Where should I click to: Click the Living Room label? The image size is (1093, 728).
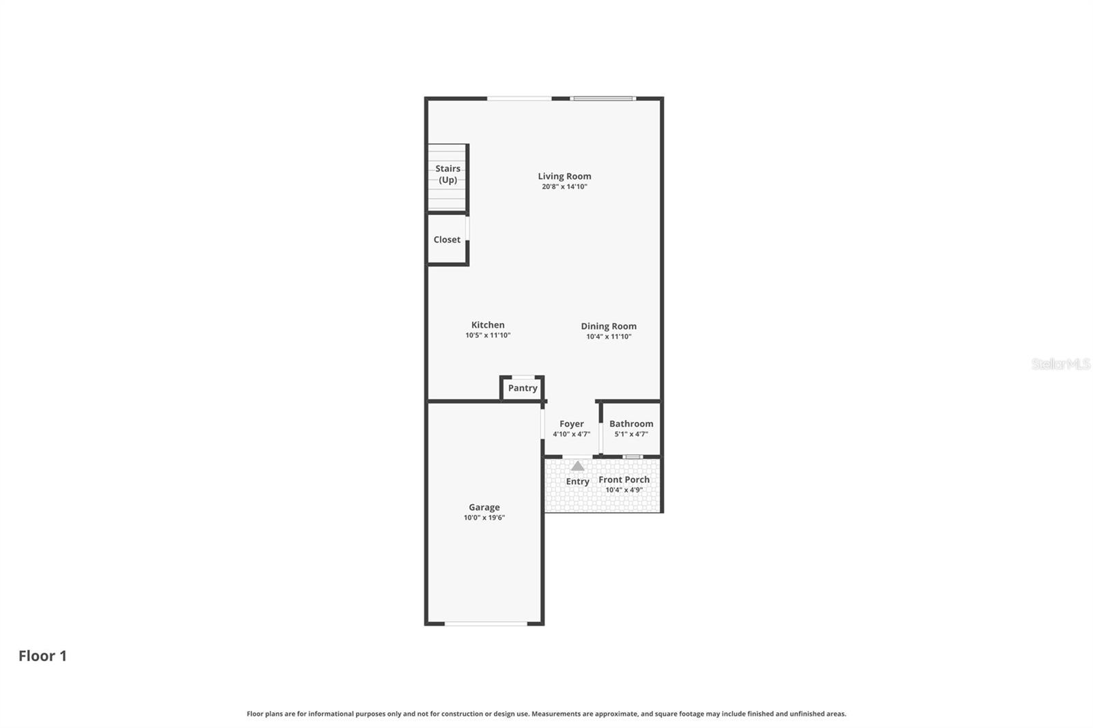point(564,176)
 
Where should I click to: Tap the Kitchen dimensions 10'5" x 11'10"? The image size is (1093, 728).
point(488,335)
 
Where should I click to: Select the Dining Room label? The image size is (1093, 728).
point(609,326)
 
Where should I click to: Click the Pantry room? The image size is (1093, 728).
point(523,388)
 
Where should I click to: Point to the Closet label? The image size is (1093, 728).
point(447,240)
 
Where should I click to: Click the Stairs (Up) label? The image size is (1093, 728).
point(447,174)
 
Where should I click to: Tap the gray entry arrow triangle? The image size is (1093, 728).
point(578,466)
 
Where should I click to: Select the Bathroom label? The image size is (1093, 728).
point(631,423)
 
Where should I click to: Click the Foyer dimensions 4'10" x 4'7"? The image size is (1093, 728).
point(571,434)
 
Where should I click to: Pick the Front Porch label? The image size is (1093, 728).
point(624,479)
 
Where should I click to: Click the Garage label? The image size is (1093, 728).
point(484,507)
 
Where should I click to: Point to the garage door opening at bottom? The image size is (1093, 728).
point(486,623)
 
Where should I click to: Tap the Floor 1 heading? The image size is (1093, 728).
point(42,656)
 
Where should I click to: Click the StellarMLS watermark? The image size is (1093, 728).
point(1060,364)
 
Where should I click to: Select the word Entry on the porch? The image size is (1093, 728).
point(577,481)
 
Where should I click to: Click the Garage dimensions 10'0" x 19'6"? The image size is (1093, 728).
point(484,518)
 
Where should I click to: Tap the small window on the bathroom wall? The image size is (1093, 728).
point(633,456)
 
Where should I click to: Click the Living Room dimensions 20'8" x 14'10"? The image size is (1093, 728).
point(564,186)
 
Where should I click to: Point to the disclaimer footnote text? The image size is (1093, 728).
point(546,714)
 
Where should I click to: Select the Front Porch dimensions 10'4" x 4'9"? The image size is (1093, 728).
point(624,490)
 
